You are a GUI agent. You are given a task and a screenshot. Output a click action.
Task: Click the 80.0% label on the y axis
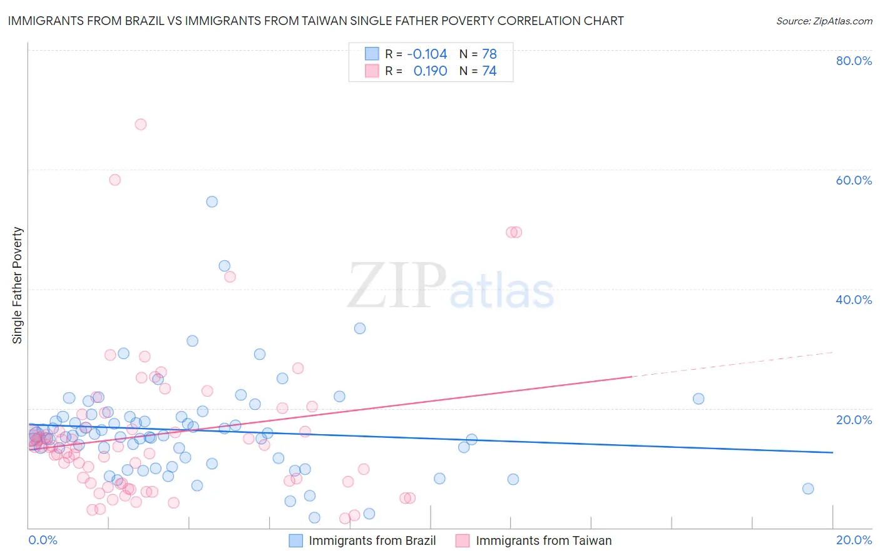point(854,61)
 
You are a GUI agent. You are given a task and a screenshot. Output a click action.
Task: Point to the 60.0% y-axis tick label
point(854,180)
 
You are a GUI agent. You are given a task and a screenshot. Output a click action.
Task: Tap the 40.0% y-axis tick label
point(854,300)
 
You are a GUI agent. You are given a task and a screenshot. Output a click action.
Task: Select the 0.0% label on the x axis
point(43,540)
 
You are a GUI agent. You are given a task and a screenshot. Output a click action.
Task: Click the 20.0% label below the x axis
point(854,540)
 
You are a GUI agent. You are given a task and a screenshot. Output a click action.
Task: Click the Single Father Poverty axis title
point(18,285)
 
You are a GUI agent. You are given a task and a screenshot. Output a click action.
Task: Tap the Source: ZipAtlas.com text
point(824,21)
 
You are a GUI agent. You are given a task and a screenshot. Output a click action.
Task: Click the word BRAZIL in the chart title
point(141,21)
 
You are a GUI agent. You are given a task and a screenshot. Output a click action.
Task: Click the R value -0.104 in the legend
point(427,54)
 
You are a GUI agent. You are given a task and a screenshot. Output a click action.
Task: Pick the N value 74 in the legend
point(489,71)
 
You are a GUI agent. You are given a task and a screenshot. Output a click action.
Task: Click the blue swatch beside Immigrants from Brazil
point(295,540)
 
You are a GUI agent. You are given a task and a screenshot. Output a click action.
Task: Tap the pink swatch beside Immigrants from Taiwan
point(463,540)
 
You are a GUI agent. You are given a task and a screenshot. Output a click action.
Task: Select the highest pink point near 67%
point(141,124)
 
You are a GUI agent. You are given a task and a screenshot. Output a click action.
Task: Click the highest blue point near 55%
point(212,201)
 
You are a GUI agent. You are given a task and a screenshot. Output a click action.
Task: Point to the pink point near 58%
point(115,180)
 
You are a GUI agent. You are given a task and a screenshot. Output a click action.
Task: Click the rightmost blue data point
point(808,489)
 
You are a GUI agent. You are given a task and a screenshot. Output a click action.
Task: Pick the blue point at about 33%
point(360,328)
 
